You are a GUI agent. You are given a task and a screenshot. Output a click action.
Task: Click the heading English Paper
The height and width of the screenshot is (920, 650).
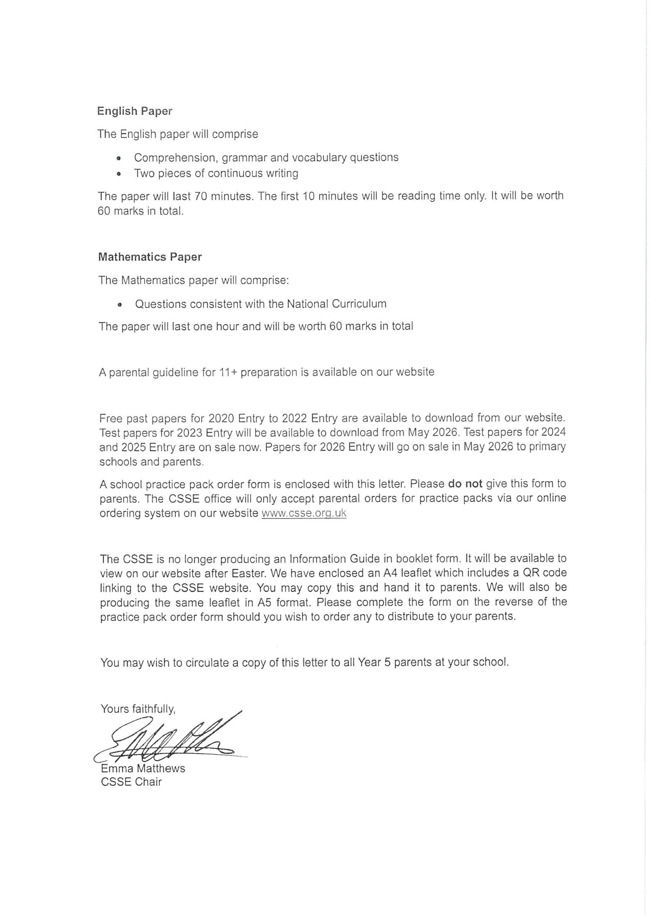click(135, 111)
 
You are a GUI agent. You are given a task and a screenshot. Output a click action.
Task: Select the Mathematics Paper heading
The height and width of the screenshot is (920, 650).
click(150, 257)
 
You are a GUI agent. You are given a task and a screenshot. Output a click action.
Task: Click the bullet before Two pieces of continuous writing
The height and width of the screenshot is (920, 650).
click(119, 174)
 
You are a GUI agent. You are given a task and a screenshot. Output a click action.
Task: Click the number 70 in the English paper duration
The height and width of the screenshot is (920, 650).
click(201, 196)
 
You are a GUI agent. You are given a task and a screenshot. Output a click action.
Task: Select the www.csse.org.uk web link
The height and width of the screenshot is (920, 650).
click(303, 513)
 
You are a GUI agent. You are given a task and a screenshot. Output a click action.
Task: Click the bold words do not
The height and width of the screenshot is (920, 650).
click(465, 484)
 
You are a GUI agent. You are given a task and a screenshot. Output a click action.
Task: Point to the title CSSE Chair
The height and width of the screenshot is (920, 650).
click(131, 782)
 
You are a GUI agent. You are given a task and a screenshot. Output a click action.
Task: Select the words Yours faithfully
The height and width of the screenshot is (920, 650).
click(138, 709)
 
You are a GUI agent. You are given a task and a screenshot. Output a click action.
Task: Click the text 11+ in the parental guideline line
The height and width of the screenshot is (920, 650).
click(228, 372)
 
